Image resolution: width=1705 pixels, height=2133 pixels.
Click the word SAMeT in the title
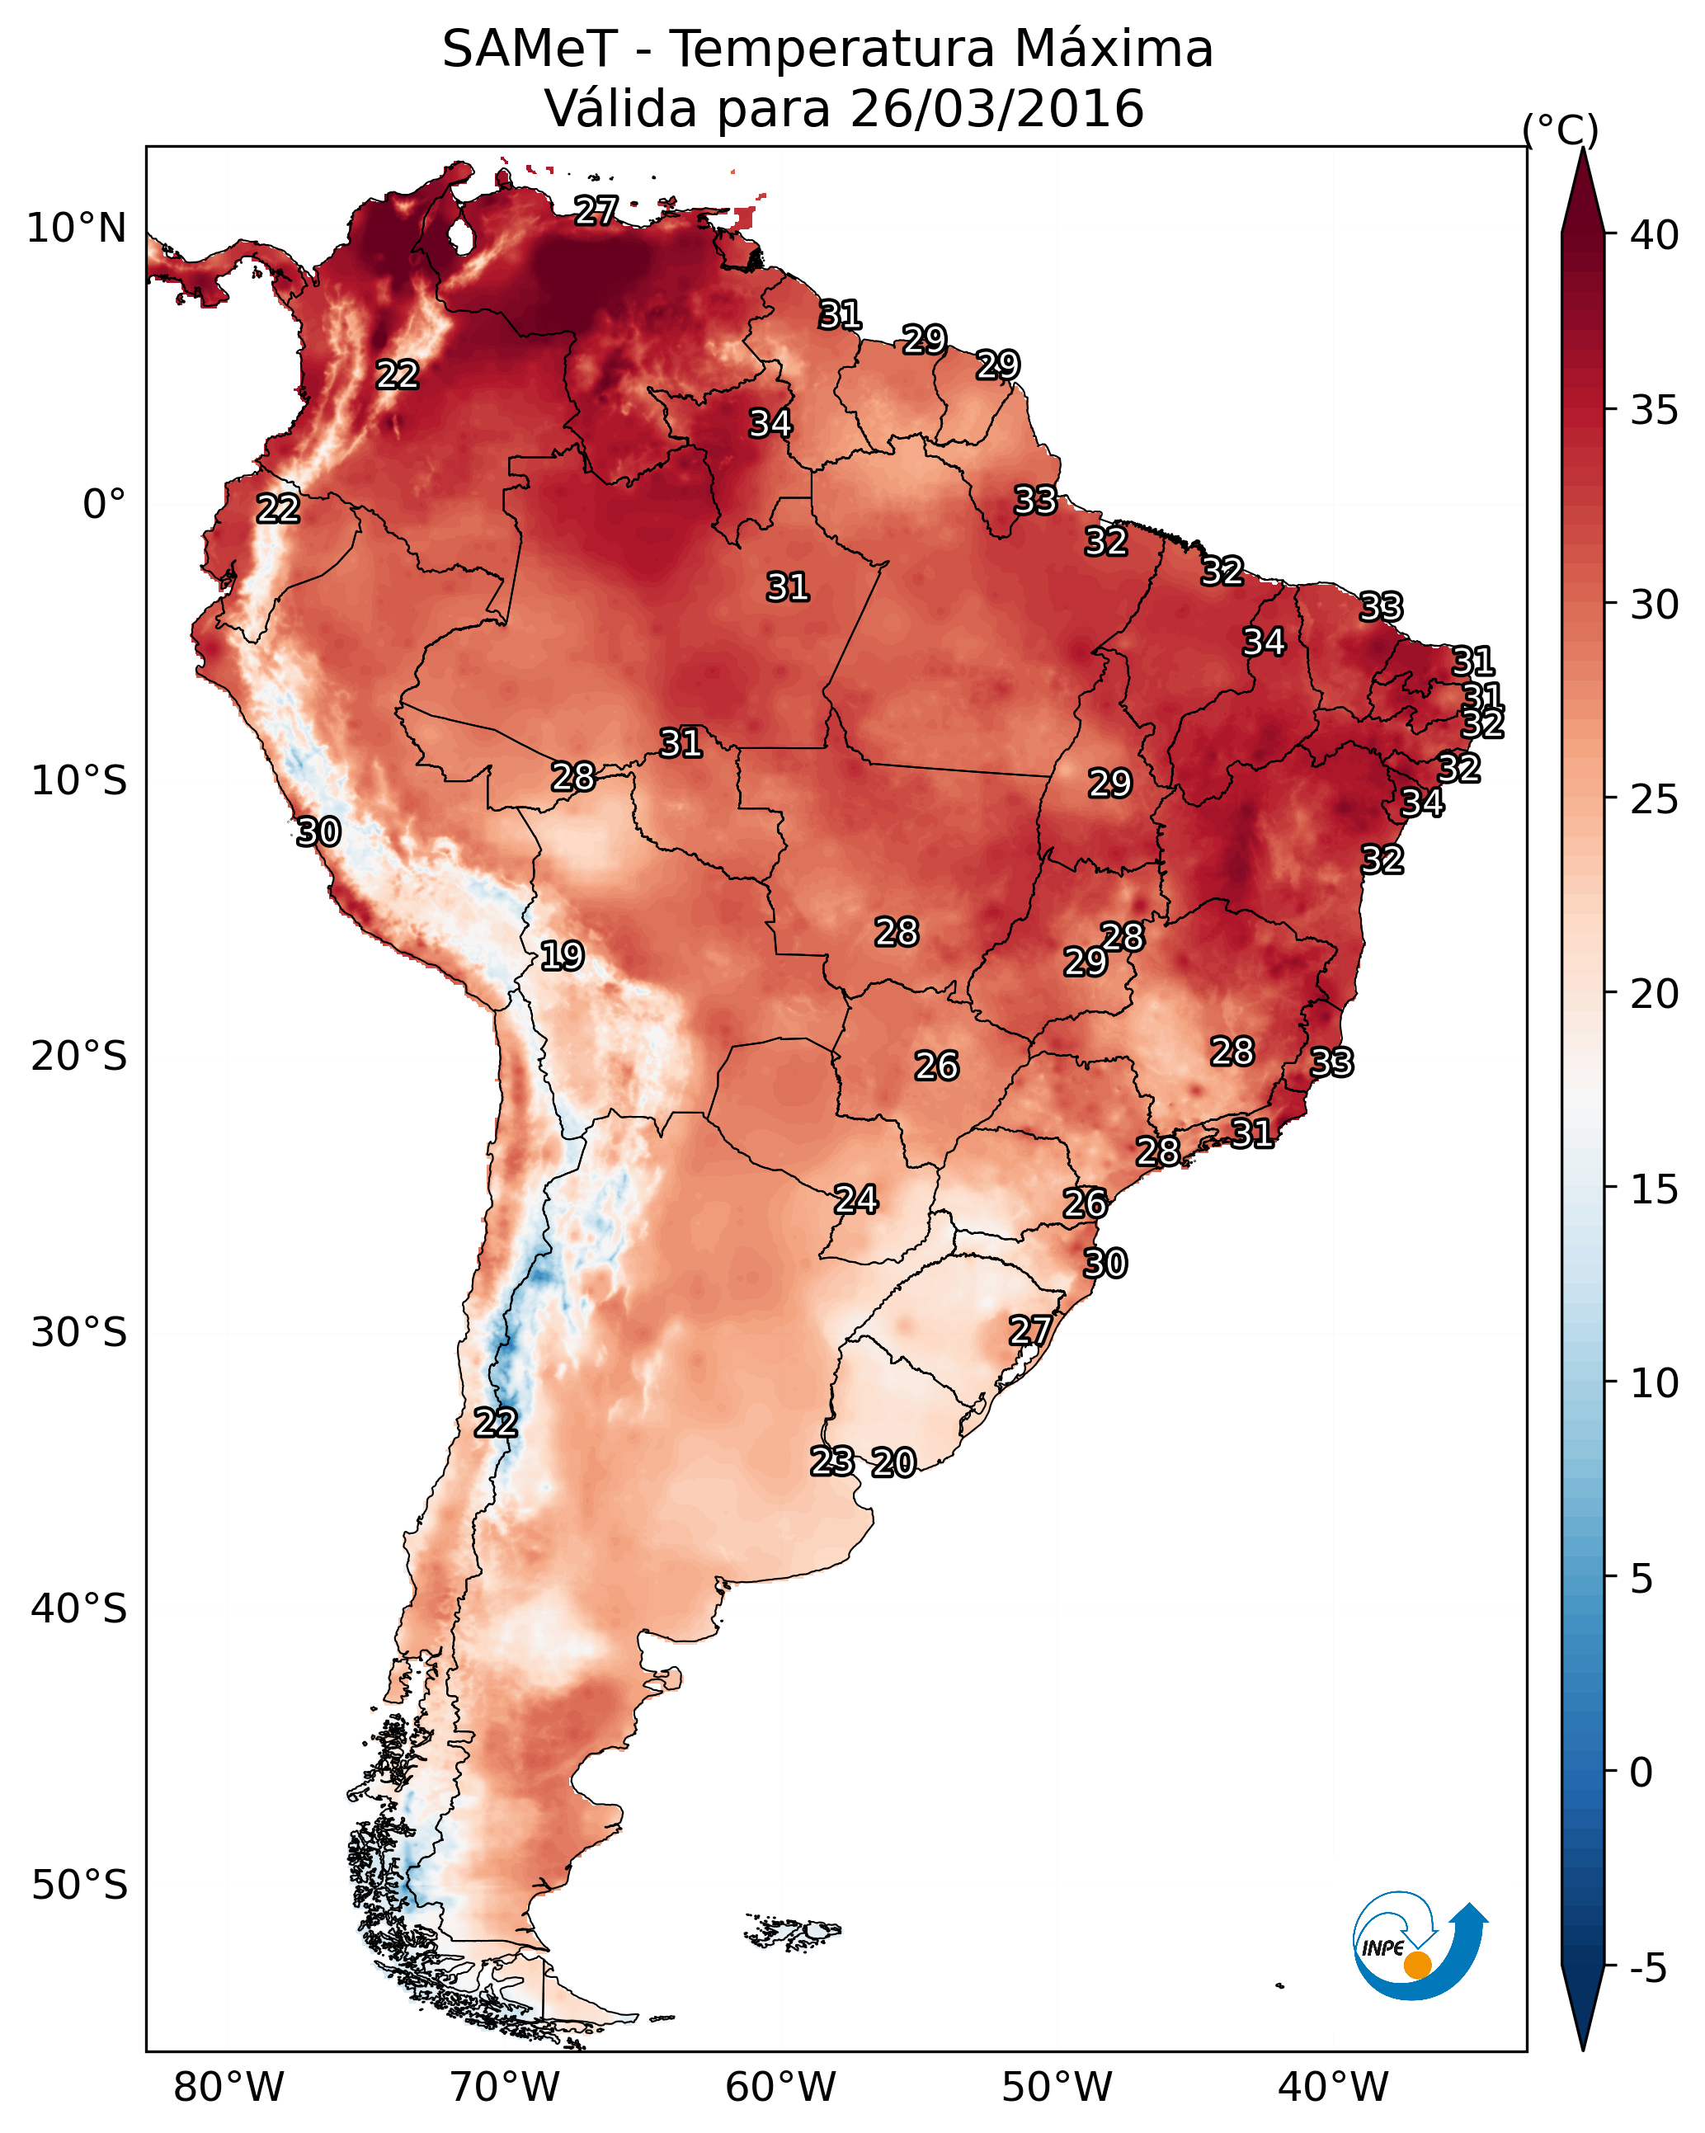point(530,49)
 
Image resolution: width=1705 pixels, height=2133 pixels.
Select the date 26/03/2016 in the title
point(996,109)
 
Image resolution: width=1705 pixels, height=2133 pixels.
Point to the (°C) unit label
point(1560,129)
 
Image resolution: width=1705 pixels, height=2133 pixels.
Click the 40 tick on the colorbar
point(1655,235)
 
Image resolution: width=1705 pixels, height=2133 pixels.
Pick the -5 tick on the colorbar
point(1647,1968)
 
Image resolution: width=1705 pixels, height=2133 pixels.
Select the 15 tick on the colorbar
point(1655,1189)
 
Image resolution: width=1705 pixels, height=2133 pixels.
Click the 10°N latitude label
point(76,228)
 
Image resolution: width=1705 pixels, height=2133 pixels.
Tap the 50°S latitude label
point(79,1886)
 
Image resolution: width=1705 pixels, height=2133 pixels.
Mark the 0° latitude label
point(104,505)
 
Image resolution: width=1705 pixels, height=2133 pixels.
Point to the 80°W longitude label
point(228,2087)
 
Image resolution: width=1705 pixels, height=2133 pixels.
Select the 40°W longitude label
point(1333,2087)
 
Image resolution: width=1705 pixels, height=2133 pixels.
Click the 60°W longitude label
point(781,2087)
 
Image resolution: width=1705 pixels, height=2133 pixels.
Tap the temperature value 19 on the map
point(562,956)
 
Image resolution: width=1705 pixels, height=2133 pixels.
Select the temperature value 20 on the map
point(893,1462)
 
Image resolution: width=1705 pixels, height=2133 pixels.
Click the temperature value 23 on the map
point(832,1460)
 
